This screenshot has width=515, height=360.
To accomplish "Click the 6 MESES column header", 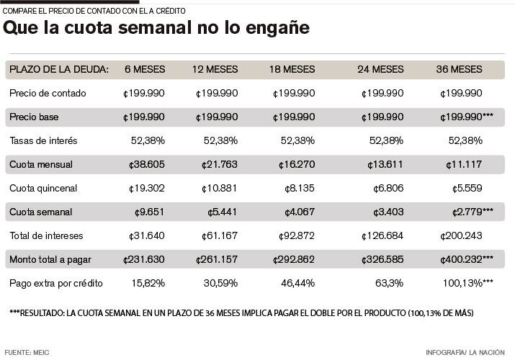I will [x=145, y=69].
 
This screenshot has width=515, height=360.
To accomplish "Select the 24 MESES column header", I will [x=380, y=69].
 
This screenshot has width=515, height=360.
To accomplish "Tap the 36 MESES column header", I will [x=459, y=69].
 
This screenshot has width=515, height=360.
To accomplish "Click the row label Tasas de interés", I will [x=43, y=140].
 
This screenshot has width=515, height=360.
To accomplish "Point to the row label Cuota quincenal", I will [x=43, y=188].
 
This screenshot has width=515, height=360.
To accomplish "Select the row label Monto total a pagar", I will [x=51, y=259].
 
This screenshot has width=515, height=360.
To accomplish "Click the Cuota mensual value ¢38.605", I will [x=144, y=164].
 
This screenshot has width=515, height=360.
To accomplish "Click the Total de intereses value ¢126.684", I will [x=382, y=235].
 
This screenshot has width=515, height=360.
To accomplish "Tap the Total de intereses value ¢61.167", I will [x=217, y=235].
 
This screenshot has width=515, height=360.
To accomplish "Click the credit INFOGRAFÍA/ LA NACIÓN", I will [x=468, y=353].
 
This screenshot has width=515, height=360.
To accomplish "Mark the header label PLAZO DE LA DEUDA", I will [x=59, y=69].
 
